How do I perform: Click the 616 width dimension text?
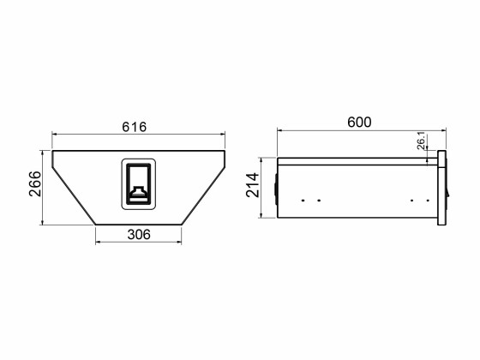tap(135, 126)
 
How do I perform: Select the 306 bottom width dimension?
tap(139, 235)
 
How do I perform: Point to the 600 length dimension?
tap(359, 122)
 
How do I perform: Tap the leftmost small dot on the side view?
tap(304, 201)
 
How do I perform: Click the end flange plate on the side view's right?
tap(442, 189)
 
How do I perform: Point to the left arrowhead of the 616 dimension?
tap(55, 135)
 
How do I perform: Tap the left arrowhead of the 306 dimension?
tap(99, 243)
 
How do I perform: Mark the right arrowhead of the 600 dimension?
tap(444, 131)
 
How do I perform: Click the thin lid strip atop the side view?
tap(356, 159)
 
